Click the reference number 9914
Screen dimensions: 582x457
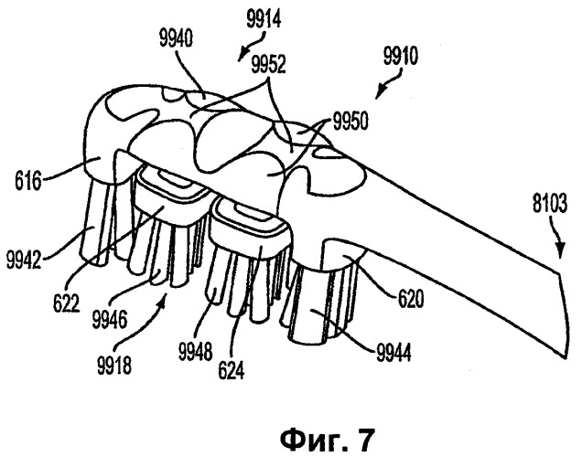click(264, 21)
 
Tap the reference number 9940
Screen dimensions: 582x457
click(176, 39)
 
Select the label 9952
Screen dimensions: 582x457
click(268, 64)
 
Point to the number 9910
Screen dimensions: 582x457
click(401, 56)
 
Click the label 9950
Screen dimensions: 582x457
click(350, 122)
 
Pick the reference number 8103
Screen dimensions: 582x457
click(550, 204)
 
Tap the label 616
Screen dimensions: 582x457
click(27, 181)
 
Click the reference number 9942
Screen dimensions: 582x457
click(24, 260)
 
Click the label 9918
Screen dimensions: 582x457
click(114, 365)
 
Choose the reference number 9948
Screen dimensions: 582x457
click(195, 352)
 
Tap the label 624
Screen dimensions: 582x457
click(232, 371)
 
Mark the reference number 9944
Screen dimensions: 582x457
click(393, 353)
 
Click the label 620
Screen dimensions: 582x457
click(411, 299)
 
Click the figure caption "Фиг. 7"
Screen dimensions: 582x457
click(327, 440)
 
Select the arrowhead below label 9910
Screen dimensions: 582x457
click(380, 92)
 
